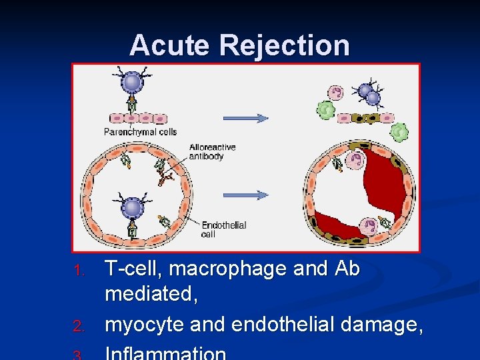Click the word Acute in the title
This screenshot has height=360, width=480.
click(170, 45)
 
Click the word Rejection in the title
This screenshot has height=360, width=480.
click(284, 45)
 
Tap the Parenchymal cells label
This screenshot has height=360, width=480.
click(140, 131)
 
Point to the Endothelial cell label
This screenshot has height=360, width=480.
click(223, 229)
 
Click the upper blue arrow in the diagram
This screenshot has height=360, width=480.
click(245, 118)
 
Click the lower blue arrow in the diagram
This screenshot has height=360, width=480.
click(245, 195)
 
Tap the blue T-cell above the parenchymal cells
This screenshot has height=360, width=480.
click(132, 82)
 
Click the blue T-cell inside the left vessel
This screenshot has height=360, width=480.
click(132, 207)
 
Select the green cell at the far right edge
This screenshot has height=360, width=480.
click(399, 133)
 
